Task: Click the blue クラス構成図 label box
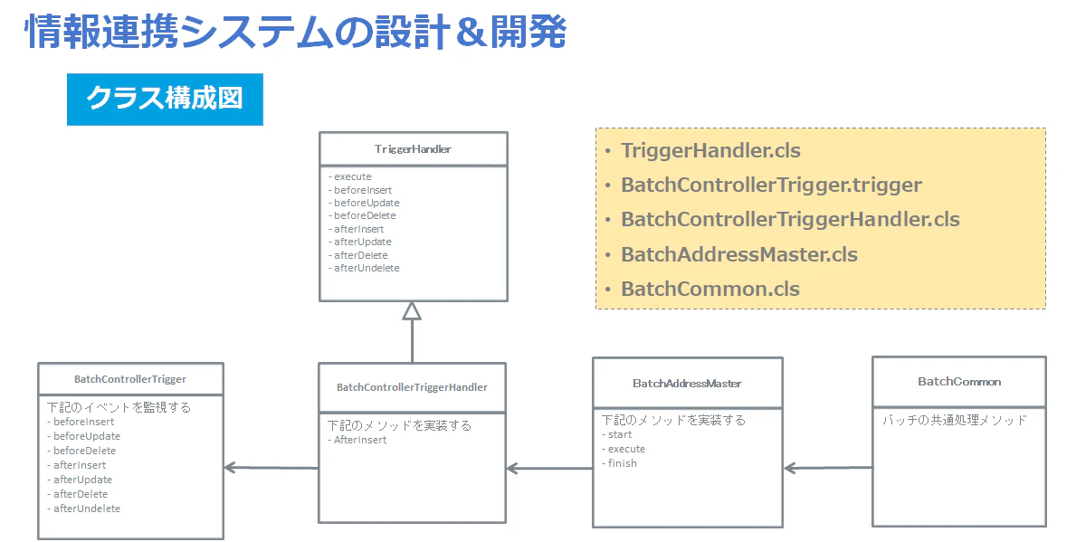click(x=165, y=100)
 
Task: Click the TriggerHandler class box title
click(x=413, y=149)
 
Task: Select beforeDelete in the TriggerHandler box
click(x=362, y=215)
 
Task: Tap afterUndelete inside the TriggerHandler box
click(x=364, y=268)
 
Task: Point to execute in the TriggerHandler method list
click(x=350, y=176)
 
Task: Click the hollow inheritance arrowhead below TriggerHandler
click(x=412, y=310)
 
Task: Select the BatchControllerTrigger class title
click(x=130, y=379)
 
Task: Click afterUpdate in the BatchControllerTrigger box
click(x=80, y=480)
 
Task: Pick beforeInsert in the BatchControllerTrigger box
click(x=81, y=422)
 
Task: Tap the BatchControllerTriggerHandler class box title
click(x=412, y=387)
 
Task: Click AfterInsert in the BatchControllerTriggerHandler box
click(x=357, y=440)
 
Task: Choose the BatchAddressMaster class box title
click(x=687, y=384)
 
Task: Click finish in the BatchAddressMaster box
click(x=620, y=463)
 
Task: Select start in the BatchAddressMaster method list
click(x=617, y=434)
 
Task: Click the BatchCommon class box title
click(x=959, y=382)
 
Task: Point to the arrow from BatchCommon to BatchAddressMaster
click(x=828, y=468)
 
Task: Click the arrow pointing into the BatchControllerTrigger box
click(x=271, y=468)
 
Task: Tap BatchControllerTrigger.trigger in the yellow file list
click(x=771, y=185)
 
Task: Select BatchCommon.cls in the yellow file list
click(x=710, y=289)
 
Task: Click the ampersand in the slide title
click(x=471, y=33)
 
